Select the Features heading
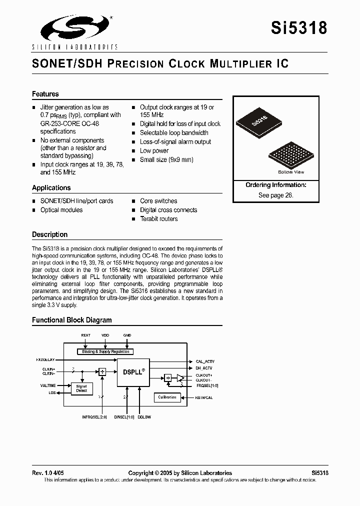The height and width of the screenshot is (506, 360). (45, 94)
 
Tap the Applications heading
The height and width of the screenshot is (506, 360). (51, 188)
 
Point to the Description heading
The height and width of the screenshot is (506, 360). (49, 234)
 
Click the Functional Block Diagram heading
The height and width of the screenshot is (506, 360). (72, 320)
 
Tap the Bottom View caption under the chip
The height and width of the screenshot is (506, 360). (291, 172)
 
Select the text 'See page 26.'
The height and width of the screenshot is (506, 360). (276, 195)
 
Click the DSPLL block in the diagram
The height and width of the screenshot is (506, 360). (133, 372)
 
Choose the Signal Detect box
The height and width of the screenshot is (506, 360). (81, 388)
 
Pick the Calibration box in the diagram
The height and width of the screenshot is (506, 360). (167, 397)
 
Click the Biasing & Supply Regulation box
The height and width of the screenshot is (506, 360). (106, 351)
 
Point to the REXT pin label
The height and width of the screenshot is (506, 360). (85, 335)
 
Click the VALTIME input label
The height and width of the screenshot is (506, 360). (48, 386)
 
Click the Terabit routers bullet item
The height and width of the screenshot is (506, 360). (158, 219)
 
